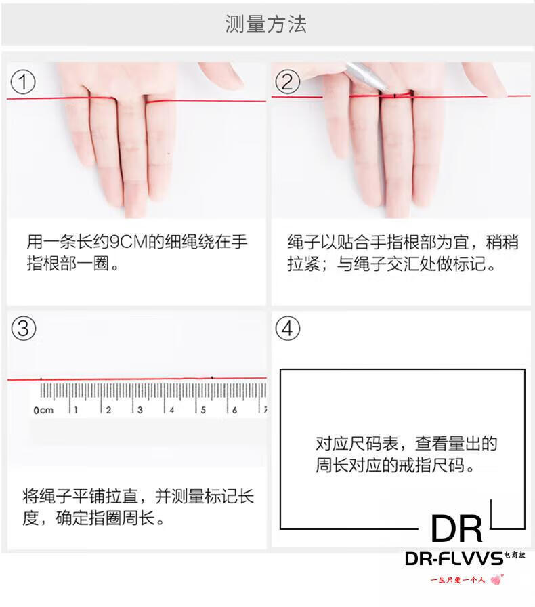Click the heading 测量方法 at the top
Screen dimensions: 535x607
click(266, 24)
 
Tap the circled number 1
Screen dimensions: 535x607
click(23, 82)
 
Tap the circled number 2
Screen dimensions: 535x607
click(287, 82)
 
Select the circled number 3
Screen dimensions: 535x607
click(24, 329)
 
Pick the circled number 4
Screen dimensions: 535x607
click(287, 329)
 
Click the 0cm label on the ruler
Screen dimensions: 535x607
click(43, 410)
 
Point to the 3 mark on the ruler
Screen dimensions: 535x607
click(140, 410)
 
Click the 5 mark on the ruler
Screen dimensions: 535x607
click(203, 410)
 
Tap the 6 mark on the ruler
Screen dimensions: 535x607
click(234, 410)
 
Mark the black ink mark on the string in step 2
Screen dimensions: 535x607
click(395, 96)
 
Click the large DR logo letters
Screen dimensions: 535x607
click(457, 529)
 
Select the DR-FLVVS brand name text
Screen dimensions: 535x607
click(454, 559)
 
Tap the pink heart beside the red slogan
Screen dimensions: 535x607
click(496, 579)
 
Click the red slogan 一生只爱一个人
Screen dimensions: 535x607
click(458, 580)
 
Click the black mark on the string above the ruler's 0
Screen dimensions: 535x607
click(41, 379)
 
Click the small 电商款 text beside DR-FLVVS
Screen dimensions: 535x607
click(515, 555)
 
